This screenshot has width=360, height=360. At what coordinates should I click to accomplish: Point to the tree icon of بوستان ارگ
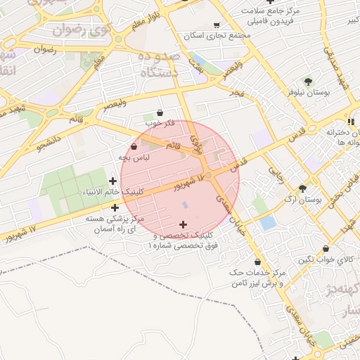[x=302, y=188]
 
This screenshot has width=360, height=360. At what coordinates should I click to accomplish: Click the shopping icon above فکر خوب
[x=160, y=112]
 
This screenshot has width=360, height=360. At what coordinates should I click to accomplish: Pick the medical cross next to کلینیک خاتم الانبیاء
[x=112, y=181]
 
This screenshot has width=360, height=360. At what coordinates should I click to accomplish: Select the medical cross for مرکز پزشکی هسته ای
[x=115, y=207]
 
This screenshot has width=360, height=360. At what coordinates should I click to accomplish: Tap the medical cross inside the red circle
[x=184, y=224]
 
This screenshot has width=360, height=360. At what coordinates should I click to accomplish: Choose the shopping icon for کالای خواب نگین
[x=326, y=248]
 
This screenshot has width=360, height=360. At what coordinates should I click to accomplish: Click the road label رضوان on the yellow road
[x=44, y=50]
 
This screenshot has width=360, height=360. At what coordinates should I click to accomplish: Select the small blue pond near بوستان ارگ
[x=267, y=223]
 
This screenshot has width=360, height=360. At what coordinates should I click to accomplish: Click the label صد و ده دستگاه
[x=159, y=64]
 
